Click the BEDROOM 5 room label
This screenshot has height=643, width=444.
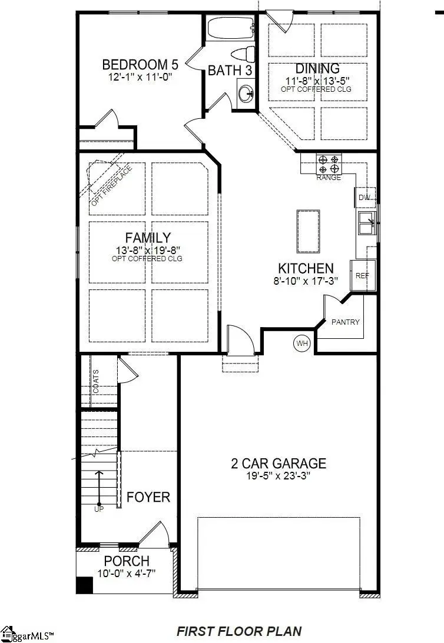(140, 64)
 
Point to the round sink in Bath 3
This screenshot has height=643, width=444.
(247, 93)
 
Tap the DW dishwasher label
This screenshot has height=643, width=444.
(365, 198)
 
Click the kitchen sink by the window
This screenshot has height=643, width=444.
(367, 223)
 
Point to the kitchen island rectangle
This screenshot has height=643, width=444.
(308, 231)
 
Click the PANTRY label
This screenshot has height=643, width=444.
(345, 322)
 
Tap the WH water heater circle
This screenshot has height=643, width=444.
(302, 342)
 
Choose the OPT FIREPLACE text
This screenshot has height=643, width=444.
(112, 186)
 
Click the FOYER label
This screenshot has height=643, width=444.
(148, 497)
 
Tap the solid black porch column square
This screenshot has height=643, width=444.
(85, 585)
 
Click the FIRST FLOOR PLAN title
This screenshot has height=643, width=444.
(239, 631)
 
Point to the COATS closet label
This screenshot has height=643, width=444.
(96, 382)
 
